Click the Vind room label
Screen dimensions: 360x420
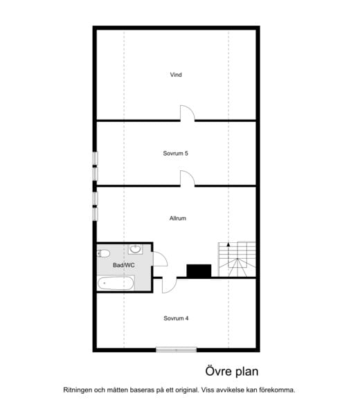(x=176, y=75)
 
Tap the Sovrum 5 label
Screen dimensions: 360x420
(x=176, y=153)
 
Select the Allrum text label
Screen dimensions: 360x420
(x=178, y=219)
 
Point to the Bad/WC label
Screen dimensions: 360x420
(x=123, y=265)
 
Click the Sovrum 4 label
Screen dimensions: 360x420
(x=176, y=318)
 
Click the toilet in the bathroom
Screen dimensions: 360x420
(x=103, y=253)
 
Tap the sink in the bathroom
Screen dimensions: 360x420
(x=136, y=249)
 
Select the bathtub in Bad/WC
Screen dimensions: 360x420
(x=116, y=283)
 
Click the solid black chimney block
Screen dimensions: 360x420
(x=199, y=271)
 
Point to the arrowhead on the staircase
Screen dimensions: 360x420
(x=228, y=244)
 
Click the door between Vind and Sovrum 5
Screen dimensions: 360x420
(x=188, y=113)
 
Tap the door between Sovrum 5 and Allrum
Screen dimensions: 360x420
(x=188, y=179)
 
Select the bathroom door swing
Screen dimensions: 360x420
(x=160, y=259)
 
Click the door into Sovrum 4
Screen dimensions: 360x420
(x=170, y=285)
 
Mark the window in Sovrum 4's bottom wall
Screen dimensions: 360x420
(x=177, y=350)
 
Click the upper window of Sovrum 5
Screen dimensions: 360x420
(x=95, y=158)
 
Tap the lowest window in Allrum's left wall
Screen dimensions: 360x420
(x=95, y=214)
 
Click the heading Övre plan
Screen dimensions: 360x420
(x=232, y=372)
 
